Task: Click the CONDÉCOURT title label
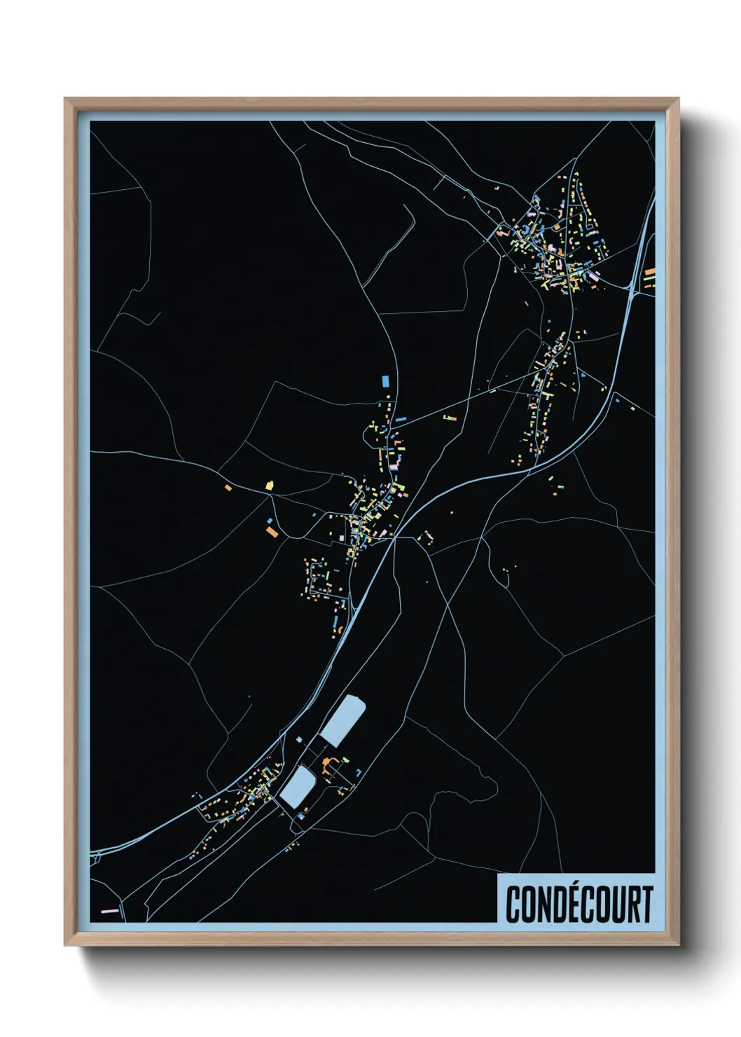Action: click(x=579, y=904)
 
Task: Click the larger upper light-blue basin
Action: click(x=343, y=721)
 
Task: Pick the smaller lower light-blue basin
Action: click(x=297, y=786)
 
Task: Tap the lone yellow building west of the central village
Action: click(x=269, y=484)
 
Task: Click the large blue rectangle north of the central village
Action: click(x=384, y=380)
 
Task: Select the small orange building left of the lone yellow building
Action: click(x=228, y=486)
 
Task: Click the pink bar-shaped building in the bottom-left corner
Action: click(x=109, y=911)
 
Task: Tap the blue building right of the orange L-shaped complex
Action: click(x=359, y=771)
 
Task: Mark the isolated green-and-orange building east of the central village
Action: click(x=448, y=418)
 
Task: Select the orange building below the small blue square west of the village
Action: click(x=272, y=533)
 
